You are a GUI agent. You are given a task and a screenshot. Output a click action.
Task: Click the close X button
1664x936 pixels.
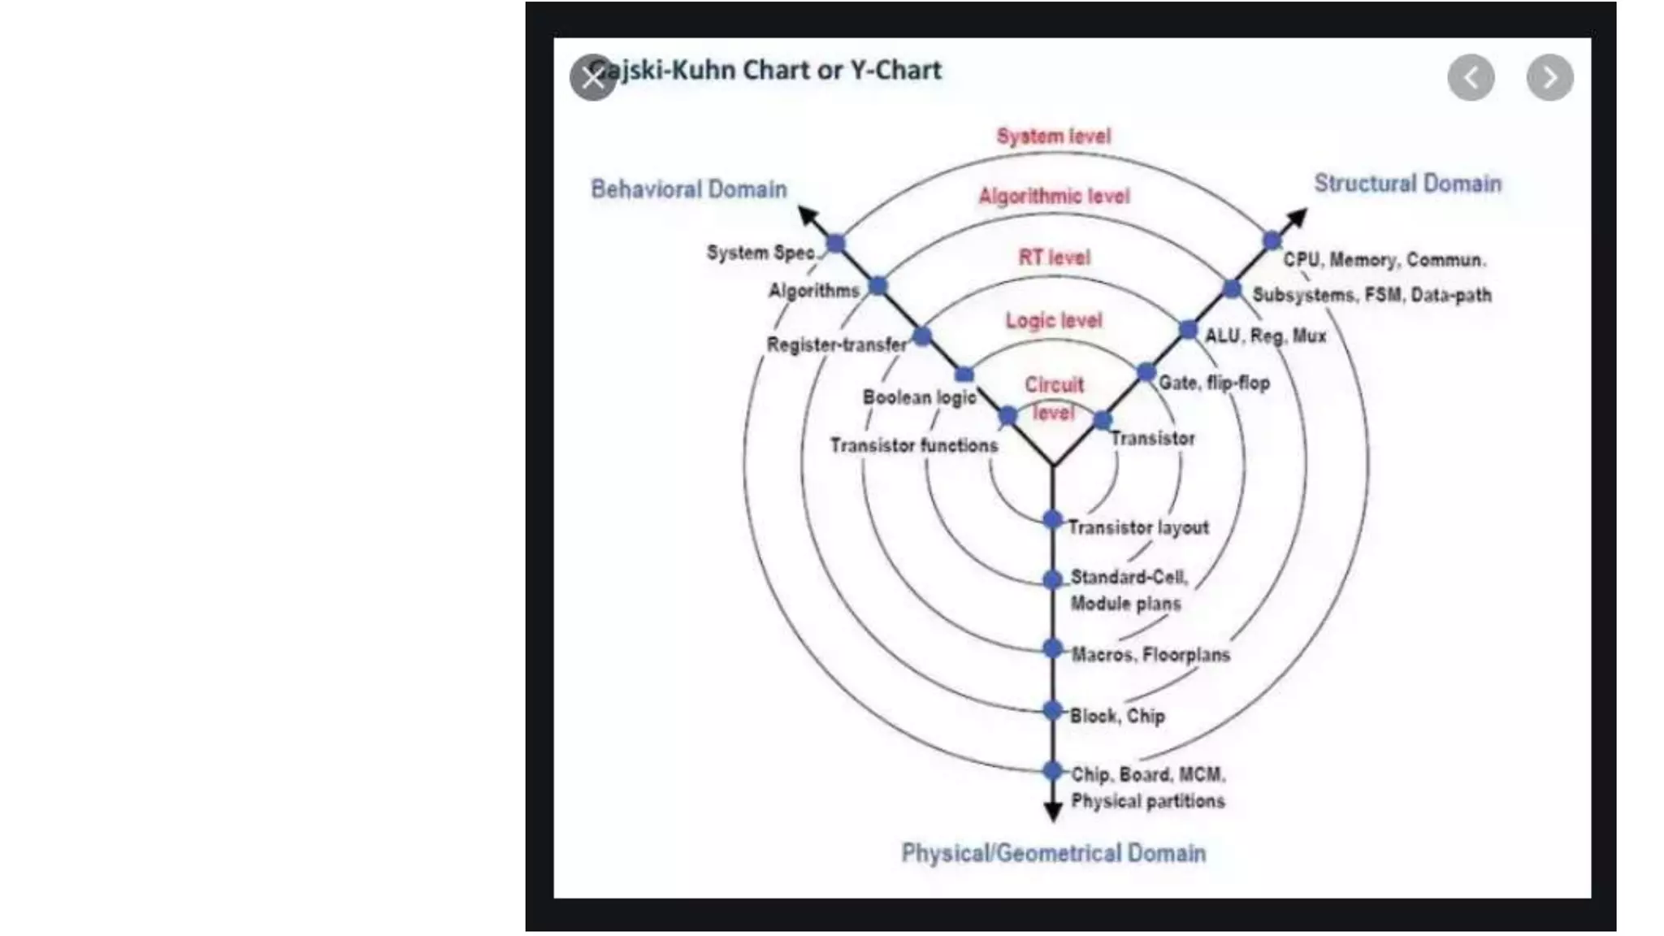[592, 78]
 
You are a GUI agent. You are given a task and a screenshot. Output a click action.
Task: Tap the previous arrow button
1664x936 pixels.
[1471, 78]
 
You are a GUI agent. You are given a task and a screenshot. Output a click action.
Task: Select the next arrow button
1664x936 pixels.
[1549, 78]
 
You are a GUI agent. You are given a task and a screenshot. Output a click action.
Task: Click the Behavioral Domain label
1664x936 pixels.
[688, 189]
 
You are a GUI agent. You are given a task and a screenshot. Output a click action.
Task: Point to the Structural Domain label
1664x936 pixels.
[1407, 184]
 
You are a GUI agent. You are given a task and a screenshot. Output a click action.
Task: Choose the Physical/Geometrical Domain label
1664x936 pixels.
[1053, 853]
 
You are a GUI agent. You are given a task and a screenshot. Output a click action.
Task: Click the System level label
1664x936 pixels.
[1053, 136]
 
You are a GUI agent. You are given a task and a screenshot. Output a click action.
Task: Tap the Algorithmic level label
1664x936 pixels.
[1053, 197]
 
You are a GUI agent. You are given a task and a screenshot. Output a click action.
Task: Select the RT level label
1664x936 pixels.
[1054, 258]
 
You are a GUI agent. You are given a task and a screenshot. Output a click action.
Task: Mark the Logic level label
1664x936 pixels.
[1053, 321]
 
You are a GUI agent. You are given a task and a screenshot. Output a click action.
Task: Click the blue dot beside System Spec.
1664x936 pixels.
[835, 243]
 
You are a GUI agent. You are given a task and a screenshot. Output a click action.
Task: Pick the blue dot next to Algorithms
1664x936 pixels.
[877, 286]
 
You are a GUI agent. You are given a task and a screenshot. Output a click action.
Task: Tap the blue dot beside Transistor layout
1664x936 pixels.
[1052, 519]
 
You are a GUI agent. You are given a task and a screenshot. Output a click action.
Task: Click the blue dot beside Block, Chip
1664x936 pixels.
[1052, 711]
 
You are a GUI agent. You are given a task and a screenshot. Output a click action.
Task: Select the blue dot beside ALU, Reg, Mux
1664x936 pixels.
[1188, 330]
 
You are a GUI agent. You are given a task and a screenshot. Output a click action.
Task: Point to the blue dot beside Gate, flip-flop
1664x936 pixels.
[1146, 373]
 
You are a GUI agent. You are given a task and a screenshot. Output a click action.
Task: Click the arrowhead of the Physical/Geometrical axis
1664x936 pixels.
[1053, 811]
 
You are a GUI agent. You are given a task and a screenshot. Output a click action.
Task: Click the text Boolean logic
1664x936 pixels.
[919, 397]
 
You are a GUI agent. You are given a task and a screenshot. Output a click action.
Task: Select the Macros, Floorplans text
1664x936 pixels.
[1150, 655]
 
